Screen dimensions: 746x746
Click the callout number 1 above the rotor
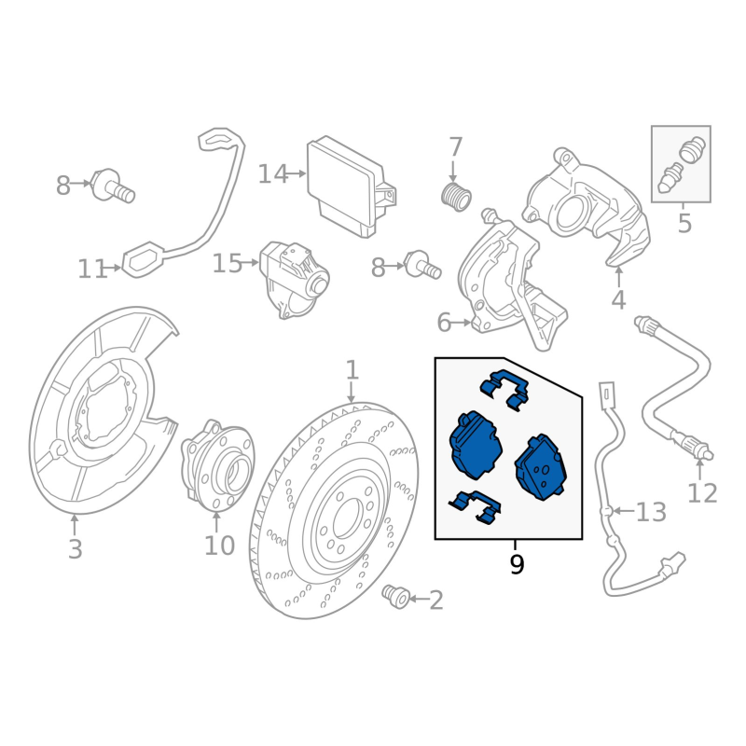tap(352, 370)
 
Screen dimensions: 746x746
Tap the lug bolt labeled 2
tap(397, 594)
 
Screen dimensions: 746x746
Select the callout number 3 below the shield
tap(75, 549)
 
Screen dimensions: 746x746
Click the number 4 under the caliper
tap(618, 300)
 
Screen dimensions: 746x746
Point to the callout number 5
tap(684, 224)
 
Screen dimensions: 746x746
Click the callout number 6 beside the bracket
tap(445, 324)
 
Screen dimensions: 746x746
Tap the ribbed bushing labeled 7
tap(455, 196)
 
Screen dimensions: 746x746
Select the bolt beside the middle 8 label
tap(422, 267)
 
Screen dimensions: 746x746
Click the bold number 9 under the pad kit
tap(517, 564)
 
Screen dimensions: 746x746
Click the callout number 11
tap(90, 270)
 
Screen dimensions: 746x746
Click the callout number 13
tap(652, 512)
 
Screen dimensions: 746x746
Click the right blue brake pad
tap(540, 465)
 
